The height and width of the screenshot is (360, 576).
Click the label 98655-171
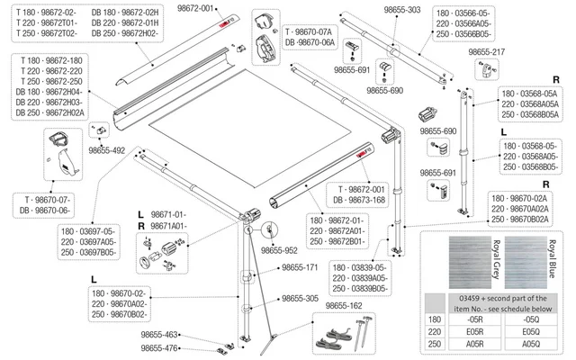point(301,267)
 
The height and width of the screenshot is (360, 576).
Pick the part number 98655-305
point(301,298)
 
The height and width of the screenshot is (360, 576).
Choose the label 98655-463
point(160,334)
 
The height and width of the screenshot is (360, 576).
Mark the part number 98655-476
point(160,347)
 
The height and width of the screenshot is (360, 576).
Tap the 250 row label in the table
point(436,343)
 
